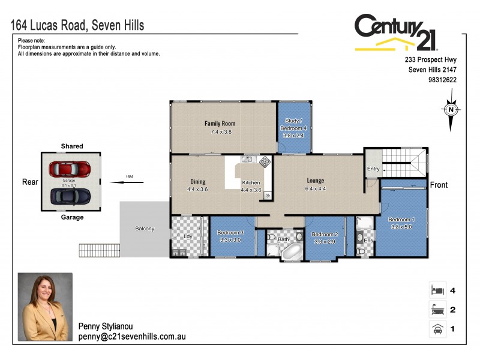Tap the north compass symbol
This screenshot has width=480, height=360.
[x=450, y=110]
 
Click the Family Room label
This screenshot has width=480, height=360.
[x=220, y=124]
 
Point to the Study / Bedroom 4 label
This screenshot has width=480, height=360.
[x=294, y=128]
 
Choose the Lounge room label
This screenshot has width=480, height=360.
[x=315, y=181]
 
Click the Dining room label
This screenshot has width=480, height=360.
[x=198, y=182]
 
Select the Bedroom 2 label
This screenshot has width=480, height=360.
[x=325, y=234]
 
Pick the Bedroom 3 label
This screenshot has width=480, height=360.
[x=230, y=232]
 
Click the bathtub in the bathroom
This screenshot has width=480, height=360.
[x=293, y=252]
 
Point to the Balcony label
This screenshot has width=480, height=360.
[x=145, y=229]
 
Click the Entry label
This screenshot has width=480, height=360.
[x=373, y=169]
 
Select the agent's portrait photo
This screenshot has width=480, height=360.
[x=45, y=307]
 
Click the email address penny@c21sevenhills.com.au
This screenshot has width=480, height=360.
[x=131, y=337]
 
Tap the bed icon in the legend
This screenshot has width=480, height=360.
[x=437, y=290]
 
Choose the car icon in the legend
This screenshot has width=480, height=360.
[x=437, y=329]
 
